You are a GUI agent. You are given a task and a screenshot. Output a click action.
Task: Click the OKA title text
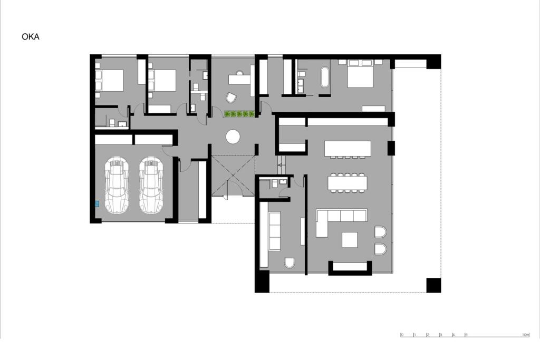[31, 37]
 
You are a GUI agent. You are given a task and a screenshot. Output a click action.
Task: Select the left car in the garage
[117, 185]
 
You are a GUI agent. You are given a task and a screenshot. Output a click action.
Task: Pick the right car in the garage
[151, 185]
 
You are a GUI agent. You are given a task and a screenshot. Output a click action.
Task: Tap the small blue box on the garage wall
[97, 203]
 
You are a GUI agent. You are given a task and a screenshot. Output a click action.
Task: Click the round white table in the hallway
[233, 137]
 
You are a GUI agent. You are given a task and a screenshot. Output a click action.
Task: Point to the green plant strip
[239, 114]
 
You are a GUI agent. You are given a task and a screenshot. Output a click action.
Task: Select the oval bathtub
[324, 77]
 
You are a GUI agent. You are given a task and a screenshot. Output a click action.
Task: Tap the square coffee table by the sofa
[350, 240]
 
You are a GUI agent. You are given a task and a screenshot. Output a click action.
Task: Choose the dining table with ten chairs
[348, 182]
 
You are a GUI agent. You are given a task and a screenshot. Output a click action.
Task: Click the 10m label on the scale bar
[525, 335]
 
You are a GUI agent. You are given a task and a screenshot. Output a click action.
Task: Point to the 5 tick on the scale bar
[466, 335]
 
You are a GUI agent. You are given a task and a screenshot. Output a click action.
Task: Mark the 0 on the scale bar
[402, 335]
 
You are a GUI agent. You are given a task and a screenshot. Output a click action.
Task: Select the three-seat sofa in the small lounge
[275, 231]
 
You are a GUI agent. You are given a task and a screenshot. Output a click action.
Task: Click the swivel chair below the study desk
[231, 98]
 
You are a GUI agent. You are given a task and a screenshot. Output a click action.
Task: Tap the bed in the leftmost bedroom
[111, 81]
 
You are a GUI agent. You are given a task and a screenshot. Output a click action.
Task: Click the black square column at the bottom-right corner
[433, 285]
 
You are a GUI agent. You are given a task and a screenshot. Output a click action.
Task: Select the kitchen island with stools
[348, 149]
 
